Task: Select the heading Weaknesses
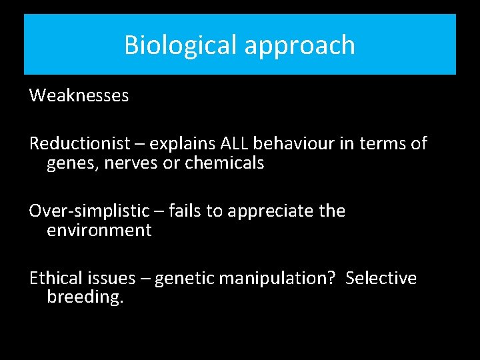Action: point(79,96)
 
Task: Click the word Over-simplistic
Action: point(89,211)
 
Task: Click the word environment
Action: point(99,231)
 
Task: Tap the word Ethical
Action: point(56,277)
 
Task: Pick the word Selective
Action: point(381,277)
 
